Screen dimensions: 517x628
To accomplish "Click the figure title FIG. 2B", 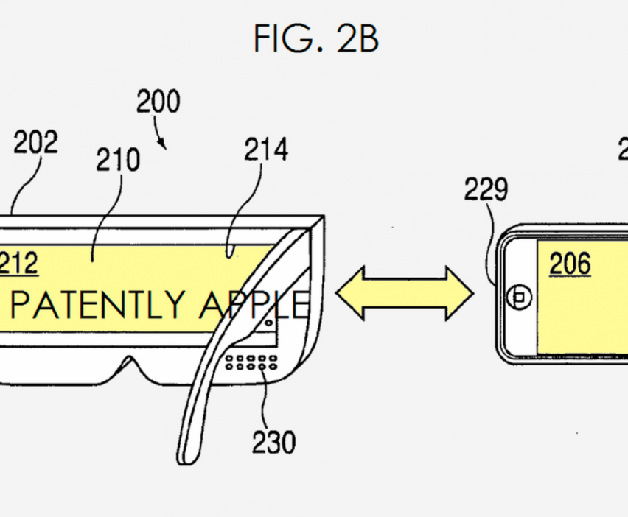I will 316,38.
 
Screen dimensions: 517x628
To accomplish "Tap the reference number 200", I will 158,102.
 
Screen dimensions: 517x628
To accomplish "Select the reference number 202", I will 35,142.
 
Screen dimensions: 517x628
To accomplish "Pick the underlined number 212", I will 18,263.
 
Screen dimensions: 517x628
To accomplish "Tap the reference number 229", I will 486,190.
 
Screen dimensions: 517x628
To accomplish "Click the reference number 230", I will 273,442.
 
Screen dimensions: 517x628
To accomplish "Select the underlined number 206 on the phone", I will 569,263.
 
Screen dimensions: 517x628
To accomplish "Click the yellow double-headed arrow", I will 404,292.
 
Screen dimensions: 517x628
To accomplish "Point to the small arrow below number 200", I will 163,139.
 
